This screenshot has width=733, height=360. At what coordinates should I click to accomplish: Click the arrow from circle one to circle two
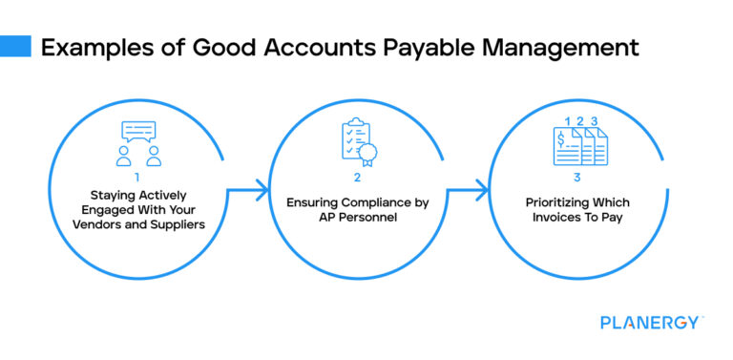click(245, 192)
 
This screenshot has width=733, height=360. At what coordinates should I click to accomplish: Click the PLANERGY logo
click(652, 323)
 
